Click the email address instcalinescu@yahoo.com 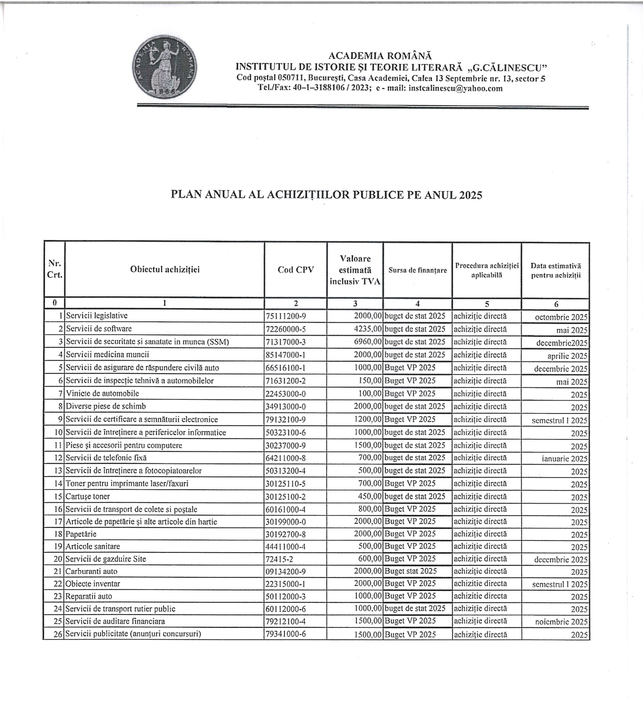pos(455,88)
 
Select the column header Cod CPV pos(296,270)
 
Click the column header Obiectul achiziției pos(165,269)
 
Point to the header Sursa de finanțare pos(418,270)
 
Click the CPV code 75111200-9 pos(286,316)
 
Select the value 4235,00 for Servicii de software pos(368,329)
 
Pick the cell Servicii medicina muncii pos(107,354)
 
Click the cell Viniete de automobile pos(102,393)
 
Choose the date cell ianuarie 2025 pos(564,459)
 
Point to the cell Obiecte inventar pos(93,584)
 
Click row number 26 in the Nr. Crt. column pos(58,634)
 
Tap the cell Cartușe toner pos(88,496)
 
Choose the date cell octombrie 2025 pos(561,317)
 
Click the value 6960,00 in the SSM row pos(368,342)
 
